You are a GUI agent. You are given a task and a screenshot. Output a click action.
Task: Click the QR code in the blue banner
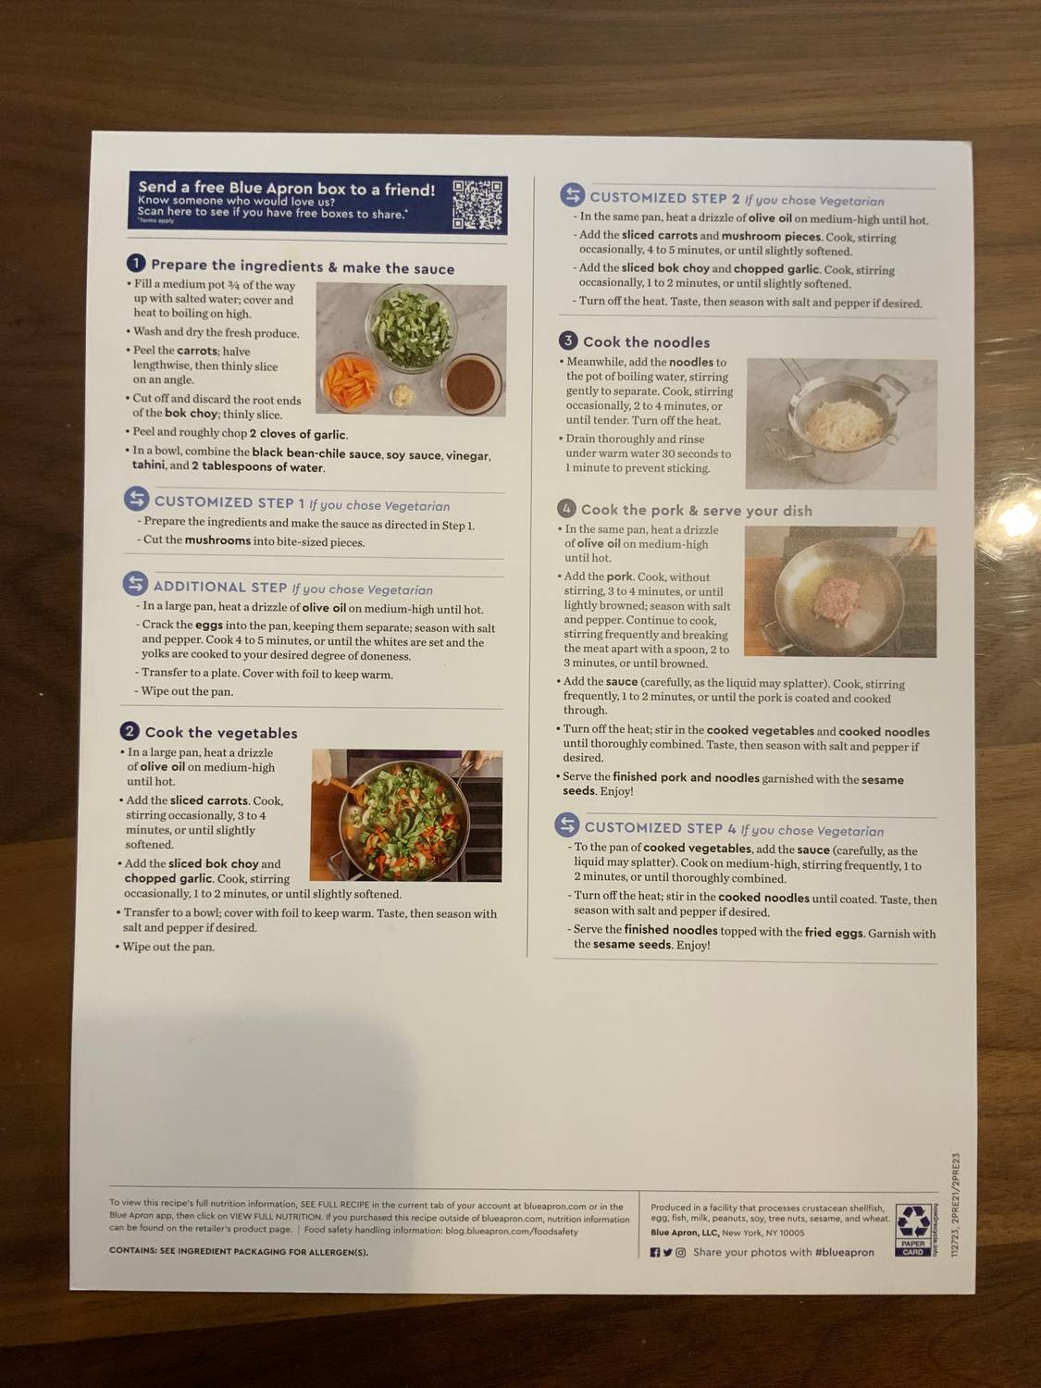477,204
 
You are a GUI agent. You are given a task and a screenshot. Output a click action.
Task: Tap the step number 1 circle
136,265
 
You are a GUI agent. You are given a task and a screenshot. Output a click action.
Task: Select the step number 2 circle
130,731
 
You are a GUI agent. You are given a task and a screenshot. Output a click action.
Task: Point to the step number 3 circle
568,341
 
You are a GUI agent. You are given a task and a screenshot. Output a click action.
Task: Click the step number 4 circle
566,508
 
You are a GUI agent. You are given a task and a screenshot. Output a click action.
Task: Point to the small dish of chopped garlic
403,395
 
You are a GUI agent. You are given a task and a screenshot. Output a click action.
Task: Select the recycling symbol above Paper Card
913,1221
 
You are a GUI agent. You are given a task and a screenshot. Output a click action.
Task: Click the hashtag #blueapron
844,1252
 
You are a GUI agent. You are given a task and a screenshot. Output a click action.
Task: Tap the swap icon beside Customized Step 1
136,500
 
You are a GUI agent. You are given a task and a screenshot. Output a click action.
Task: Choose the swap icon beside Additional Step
135,584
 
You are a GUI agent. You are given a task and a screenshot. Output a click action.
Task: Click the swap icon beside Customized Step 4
566,824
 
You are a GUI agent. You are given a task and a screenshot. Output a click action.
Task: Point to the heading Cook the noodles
646,342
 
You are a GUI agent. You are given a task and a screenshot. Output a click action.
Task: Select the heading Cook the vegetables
221,733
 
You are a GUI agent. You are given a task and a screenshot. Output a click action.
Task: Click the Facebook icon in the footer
655,1252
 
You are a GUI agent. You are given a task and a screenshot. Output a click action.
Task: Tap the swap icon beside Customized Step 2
572,195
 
